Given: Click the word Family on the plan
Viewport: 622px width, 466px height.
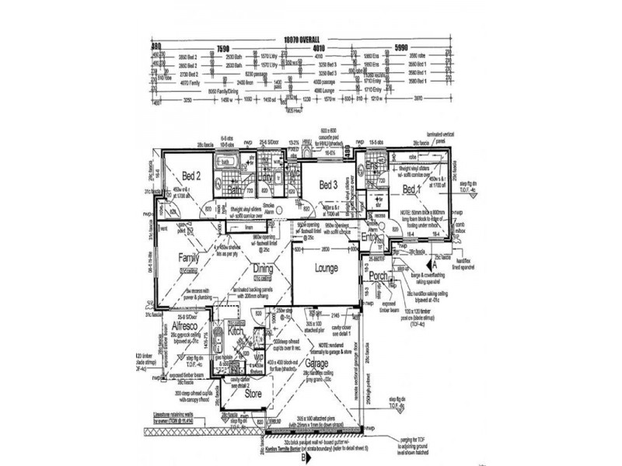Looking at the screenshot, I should [189, 257].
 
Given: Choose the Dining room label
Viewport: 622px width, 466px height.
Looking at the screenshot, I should [262, 268].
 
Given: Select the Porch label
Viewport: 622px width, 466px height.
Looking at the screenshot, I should [379, 276].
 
